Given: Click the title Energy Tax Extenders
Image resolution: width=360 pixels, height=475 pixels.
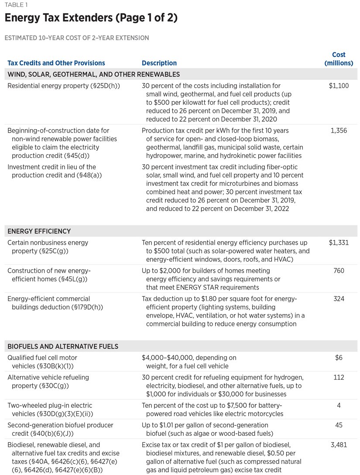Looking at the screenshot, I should pyautogui.click(x=92, y=18).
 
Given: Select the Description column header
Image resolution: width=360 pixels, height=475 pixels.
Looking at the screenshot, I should pyautogui.click(x=159, y=63).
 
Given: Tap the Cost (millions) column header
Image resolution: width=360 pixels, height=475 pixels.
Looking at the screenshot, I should pyautogui.click(x=339, y=59).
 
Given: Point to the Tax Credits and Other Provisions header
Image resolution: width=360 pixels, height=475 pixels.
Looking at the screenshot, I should pyautogui.click(x=56, y=63).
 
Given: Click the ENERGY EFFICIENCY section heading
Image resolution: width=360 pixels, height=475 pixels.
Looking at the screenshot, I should pyautogui.click(x=39, y=231).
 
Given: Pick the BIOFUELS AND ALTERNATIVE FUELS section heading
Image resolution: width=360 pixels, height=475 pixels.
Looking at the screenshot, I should pyautogui.click(x=63, y=347).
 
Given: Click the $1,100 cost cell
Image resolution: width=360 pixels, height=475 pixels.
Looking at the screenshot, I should pyautogui.click(x=339, y=86).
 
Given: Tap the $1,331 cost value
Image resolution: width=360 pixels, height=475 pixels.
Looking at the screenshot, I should pyautogui.click(x=339, y=243).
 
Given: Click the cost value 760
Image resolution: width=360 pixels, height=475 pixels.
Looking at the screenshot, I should pyautogui.click(x=339, y=271).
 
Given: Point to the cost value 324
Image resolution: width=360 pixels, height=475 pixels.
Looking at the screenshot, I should pyautogui.click(x=339, y=299).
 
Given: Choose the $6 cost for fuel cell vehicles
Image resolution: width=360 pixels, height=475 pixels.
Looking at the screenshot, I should pyautogui.click(x=339, y=358).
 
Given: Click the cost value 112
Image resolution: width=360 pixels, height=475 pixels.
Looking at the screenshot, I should pyautogui.click(x=339, y=377).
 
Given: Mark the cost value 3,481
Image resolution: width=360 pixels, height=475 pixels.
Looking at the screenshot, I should pyautogui.click(x=339, y=445).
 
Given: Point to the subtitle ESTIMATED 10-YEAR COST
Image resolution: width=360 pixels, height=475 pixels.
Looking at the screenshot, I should pyautogui.click(x=76, y=38).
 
